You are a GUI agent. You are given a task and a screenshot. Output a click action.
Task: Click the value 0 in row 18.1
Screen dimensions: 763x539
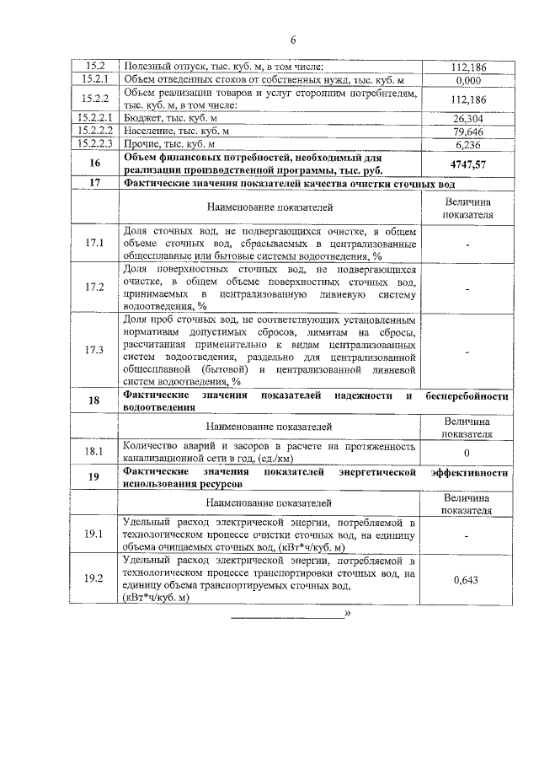[x=468, y=452]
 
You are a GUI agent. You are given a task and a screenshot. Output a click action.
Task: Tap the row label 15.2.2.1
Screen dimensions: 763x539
[x=93, y=119]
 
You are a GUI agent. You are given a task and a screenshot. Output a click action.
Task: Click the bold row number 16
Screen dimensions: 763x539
[x=93, y=164]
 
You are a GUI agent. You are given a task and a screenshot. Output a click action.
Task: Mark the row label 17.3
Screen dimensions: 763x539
[x=93, y=350]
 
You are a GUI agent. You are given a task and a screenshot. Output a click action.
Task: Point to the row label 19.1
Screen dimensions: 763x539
[x=93, y=535]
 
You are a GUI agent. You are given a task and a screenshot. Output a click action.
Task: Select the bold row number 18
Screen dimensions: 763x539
[x=93, y=400]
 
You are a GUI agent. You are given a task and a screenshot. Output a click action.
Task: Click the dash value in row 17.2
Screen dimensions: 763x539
[x=468, y=287]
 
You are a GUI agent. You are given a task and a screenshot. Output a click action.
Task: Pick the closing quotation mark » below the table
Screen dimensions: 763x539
[x=347, y=612]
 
